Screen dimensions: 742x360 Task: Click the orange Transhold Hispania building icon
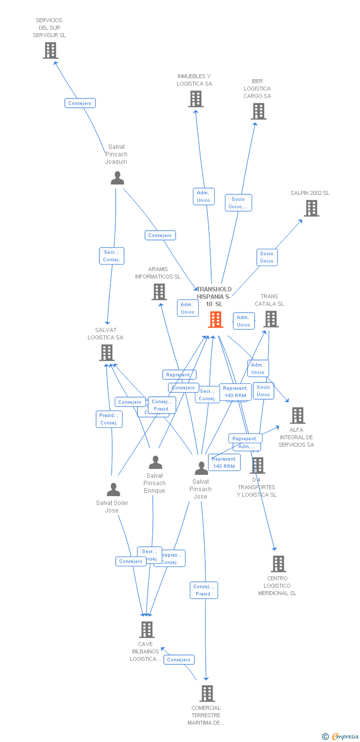point(216,320)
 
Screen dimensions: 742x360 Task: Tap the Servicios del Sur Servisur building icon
point(50,50)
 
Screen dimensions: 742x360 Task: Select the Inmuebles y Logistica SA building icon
point(196,99)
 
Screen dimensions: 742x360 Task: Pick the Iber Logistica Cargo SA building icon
point(259,111)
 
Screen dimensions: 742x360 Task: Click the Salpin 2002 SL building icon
point(311,208)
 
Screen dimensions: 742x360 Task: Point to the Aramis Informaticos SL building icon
point(159,292)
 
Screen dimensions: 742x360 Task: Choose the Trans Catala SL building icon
point(271,319)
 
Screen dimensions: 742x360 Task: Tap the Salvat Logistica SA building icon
point(107,353)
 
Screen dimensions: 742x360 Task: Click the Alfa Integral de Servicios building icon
point(297,415)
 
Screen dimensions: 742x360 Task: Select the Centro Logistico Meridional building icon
point(278,563)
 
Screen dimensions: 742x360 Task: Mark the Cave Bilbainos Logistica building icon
point(147,630)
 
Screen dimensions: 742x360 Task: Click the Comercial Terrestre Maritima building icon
point(207,693)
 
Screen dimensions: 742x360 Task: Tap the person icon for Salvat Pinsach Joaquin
point(117,178)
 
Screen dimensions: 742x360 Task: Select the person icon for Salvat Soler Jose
point(113,490)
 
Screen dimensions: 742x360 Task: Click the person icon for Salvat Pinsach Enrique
point(155,463)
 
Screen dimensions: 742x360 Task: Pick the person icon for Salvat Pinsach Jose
point(201,468)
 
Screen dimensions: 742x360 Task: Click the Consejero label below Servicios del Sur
point(80,103)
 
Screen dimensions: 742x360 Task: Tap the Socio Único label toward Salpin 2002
point(267,257)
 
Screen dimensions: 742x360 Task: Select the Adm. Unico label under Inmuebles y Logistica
point(203,196)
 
